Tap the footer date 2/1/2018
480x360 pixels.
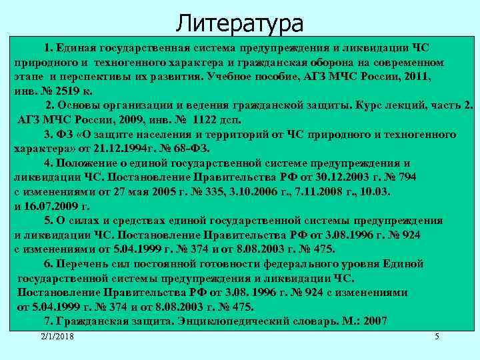coord(56,337)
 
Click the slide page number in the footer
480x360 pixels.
coord(437,337)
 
